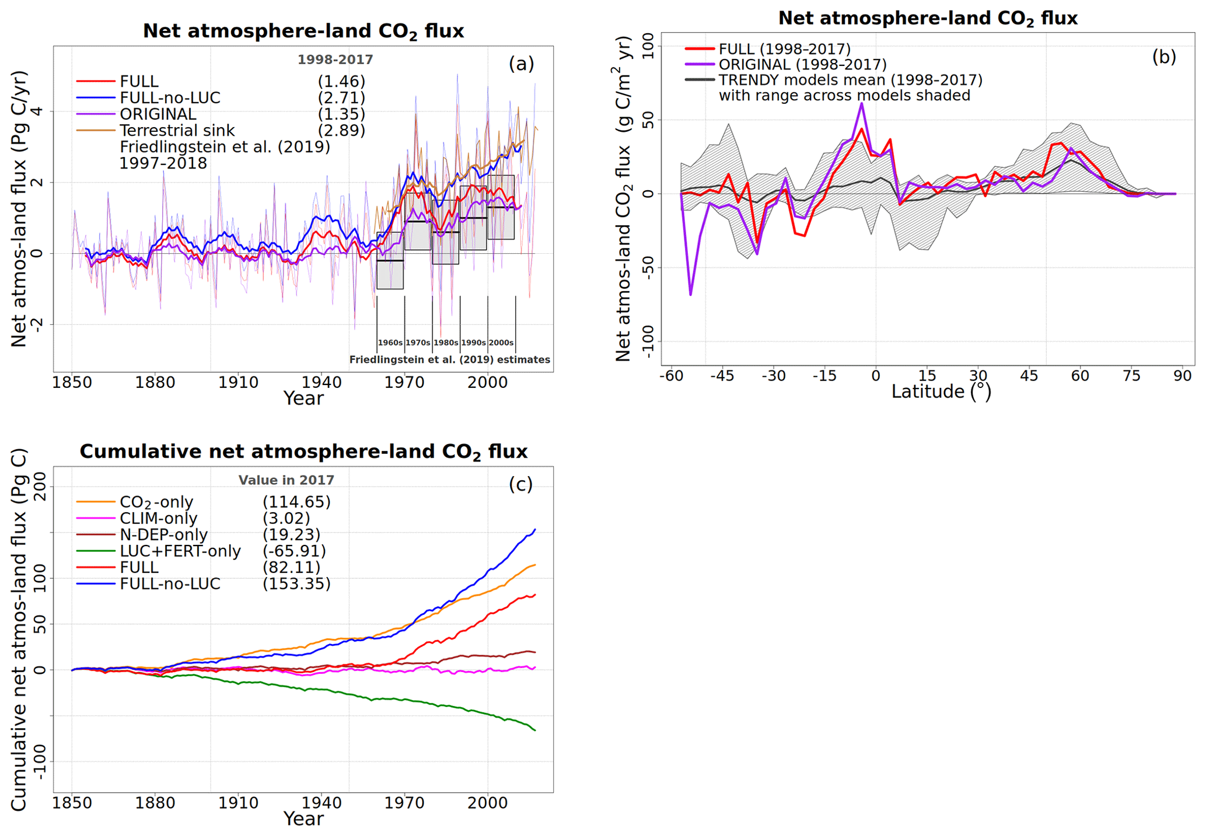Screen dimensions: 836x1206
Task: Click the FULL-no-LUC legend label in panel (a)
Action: (x=170, y=98)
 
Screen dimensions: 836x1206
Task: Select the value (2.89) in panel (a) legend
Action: (x=341, y=131)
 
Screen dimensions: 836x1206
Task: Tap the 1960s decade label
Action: (x=390, y=343)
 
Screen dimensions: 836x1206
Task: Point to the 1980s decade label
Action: (x=445, y=343)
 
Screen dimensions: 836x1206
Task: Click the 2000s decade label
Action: (x=501, y=343)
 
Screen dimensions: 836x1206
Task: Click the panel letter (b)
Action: (x=1163, y=57)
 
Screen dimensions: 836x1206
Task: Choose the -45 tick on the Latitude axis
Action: (x=722, y=376)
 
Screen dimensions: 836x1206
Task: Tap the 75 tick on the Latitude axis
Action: (x=1131, y=376)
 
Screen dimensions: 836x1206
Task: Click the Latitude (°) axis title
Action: (x=941, y=391)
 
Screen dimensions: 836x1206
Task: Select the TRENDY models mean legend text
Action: (x=850, y=80)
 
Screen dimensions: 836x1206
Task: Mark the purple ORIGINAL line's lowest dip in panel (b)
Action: (x=691, y=295)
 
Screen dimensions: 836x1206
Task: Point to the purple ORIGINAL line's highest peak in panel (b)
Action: (x=862, y=103)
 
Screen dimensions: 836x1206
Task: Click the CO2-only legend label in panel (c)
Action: (x=156, y=502)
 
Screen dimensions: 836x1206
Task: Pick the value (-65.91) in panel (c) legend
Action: (x=294, y=551)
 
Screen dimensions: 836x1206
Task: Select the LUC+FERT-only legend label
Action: (x=180, y=551)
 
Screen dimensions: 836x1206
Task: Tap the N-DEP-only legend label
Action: (x=163, y=535)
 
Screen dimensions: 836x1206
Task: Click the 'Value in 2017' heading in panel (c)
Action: (x=286, y=480)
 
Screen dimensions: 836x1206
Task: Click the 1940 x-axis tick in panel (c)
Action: (x=321, y=803)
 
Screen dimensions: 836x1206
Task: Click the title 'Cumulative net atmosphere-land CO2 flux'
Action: (x=303, y=452)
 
